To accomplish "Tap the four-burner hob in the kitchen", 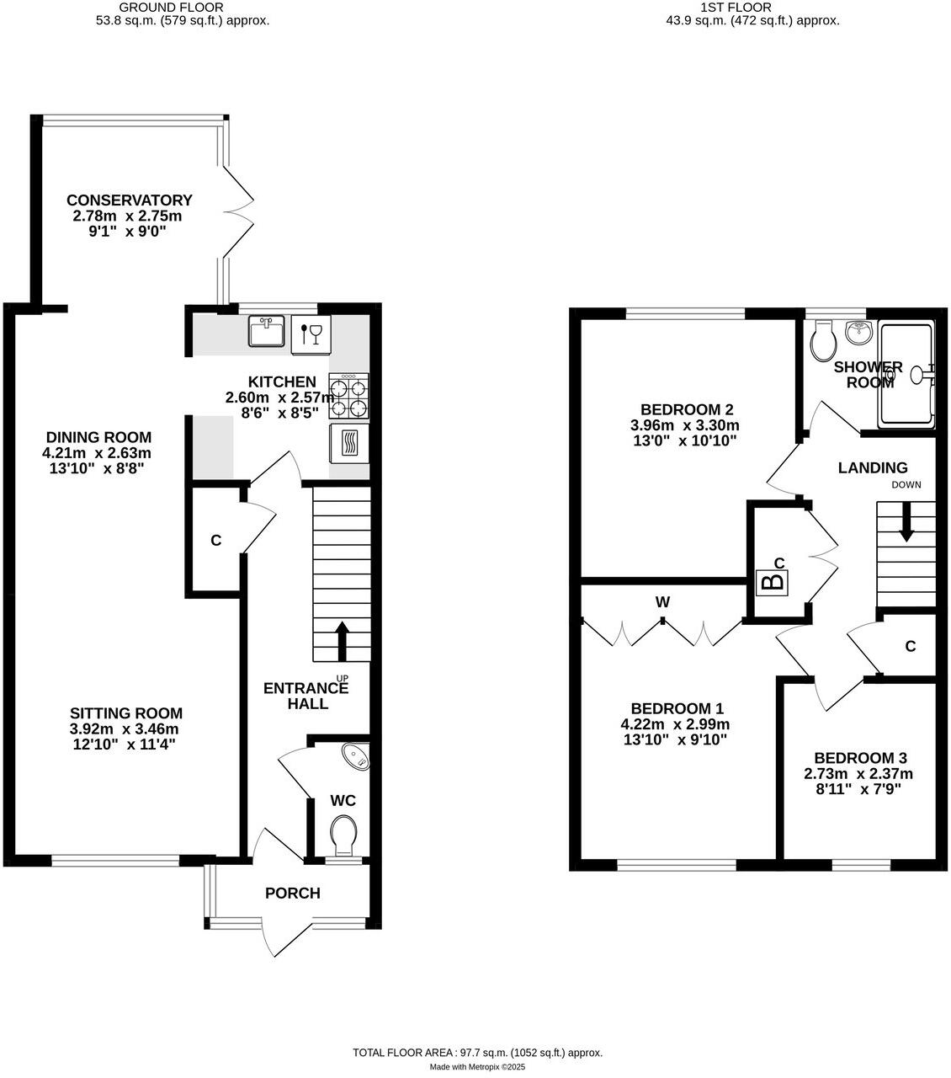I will pyautogui.click(x=348, y=397).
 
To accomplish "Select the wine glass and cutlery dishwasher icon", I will pyautogui.click(x=311, y=334).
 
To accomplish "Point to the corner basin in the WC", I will pyautogui.click(x=357, y=755).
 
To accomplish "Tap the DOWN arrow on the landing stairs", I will pyautogui.click(x=906, y=522).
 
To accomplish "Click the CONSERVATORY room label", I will pyautogui.click(x=130, y=200).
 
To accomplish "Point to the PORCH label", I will pyautogui.click(x=293, y=894).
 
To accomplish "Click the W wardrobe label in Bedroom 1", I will pyautogui.click(x=662, y=602).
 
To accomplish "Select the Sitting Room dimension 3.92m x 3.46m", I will pyautogui.click(x=125, y=729).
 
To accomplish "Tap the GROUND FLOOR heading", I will pyautogui.click(x=183, y=8).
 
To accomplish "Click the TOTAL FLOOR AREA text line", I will pyautogui.click(x=477, y=1053).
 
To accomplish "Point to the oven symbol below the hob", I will pyautogui.click(x=348, y=442).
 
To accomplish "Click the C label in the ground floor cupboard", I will pyautogui.click(x=215, y=541).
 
